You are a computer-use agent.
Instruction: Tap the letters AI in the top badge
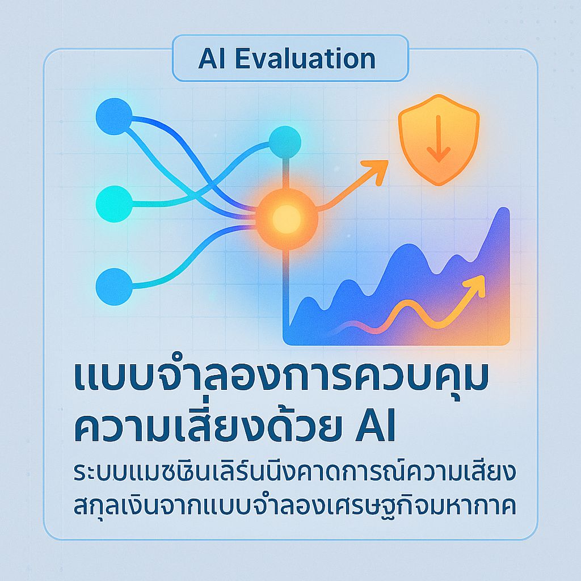210,59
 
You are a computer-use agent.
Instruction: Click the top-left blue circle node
114,117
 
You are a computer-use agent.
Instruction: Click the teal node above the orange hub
284,142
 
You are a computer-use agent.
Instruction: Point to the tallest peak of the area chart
502,212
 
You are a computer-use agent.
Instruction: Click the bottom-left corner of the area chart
285,343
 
